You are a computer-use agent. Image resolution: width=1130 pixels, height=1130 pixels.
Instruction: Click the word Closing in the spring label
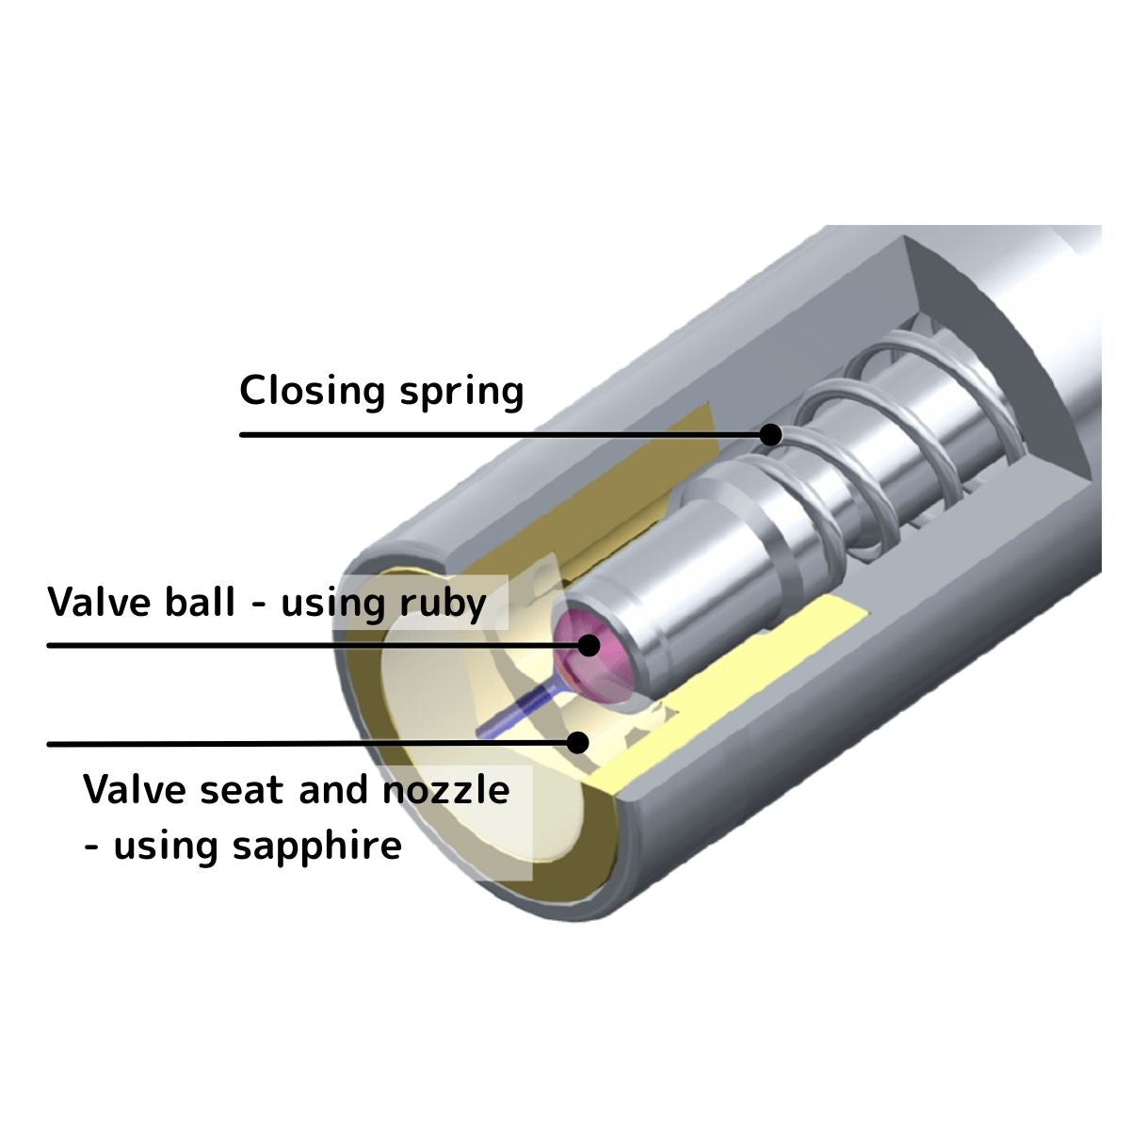click(x=313, y=392)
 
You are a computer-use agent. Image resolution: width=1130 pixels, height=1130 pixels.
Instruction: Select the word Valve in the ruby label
click(x=100, y=603)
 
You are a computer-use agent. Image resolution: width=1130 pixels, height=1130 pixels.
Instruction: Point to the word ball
click(x=200, y=602)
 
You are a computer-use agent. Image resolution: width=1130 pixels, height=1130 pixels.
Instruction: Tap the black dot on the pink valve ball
click(x=589, y=646)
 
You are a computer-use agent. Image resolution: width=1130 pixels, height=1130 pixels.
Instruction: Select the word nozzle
click(x=445, y=790)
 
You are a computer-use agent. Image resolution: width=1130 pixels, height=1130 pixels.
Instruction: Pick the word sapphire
click(x=317, y=847)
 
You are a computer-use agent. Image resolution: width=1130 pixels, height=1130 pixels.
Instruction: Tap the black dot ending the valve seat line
click(x=578, y=743)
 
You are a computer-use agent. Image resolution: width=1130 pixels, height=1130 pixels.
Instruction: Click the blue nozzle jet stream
click(x=516, y=711)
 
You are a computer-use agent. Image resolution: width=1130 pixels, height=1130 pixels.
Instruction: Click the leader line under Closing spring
click(x=505, y=435)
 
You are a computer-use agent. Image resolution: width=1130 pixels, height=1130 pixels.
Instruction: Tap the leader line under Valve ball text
click(x=318, y=646)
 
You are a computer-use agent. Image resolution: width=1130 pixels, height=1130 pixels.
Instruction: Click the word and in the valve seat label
click(x=333, y=790)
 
